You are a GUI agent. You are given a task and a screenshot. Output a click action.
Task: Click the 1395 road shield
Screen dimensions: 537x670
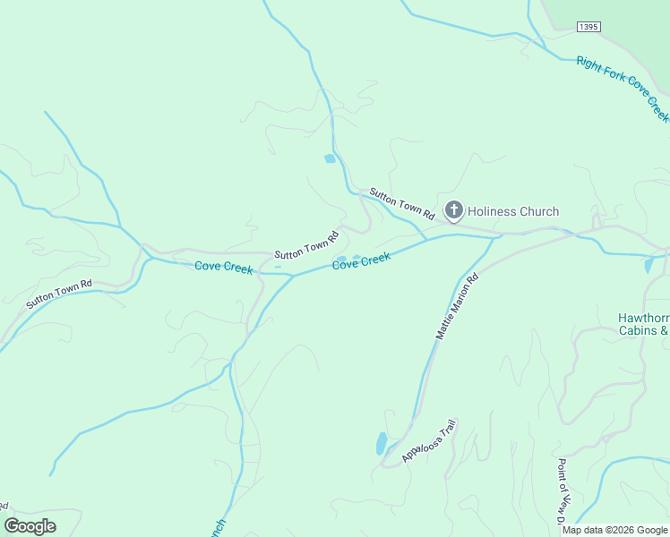[x=588, y=28]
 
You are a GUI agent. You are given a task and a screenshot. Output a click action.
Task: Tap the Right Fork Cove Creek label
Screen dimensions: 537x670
[x=623, y=88]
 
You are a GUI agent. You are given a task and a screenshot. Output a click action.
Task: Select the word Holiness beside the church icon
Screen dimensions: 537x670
[x=493, y=212]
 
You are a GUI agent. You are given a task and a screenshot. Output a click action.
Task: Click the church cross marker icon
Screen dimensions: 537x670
[x=454, y=211]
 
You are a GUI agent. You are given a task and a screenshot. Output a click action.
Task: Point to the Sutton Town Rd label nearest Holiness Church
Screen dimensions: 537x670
[x=401, y=205]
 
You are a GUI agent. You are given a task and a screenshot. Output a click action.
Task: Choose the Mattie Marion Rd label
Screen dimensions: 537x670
[x=458, y=306]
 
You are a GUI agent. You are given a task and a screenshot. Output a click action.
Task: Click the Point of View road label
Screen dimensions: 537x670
[x=563, y=492]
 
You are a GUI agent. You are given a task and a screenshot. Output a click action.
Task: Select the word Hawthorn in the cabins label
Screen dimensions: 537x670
[x=643, y=318]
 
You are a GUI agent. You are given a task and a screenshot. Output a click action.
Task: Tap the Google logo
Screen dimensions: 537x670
[x=30, y=526]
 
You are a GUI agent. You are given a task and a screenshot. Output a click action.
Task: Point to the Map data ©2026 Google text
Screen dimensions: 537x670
[x=615, y=530]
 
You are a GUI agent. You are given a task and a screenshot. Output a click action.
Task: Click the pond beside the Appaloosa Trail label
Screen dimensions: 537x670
[x=382, y=443]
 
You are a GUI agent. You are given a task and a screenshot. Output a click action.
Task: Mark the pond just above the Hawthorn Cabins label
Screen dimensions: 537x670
[x=649, y=265]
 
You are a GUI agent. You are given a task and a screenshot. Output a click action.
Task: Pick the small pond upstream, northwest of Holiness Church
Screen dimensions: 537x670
[x=330, y=158]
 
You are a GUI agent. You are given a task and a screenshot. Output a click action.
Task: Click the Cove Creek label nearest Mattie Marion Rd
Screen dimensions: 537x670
[x=362, y=261]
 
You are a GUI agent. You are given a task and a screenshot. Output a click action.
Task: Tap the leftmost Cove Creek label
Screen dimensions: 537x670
[x=224, y=267]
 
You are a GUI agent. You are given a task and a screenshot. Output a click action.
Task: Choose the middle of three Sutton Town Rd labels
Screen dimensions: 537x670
[x=306, y=245]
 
